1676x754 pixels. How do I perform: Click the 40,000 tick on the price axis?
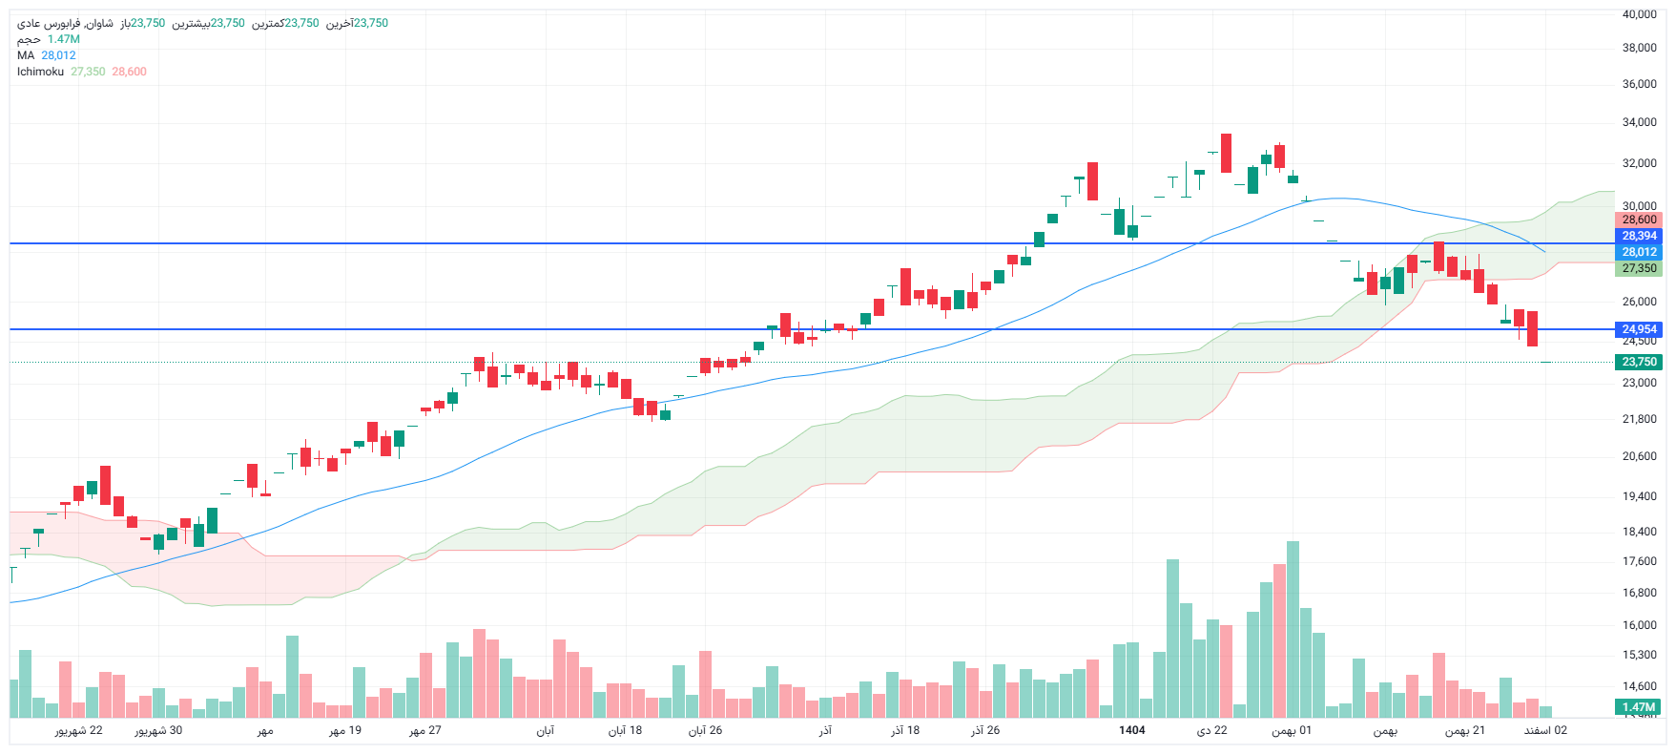(1639, 14)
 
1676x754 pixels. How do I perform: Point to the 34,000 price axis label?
(1639, 122)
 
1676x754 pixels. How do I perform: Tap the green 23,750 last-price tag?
(1639, 362)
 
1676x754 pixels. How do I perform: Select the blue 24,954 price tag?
(1639, 329)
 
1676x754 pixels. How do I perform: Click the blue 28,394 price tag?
(1639, 236)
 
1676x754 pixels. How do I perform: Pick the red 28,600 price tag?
(1639, 220)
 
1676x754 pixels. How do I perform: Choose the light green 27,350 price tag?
(1639, 268)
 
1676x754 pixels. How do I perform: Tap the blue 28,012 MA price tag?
(1639, 252)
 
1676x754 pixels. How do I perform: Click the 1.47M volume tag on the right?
(1639, 707)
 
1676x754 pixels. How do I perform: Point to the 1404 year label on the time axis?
(1131, 730)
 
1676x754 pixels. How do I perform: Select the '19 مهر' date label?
(345, 730)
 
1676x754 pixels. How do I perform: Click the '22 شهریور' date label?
(78, 730)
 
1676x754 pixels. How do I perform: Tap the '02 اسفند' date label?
(1545, 730)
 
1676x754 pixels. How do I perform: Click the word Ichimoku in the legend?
(40, 72)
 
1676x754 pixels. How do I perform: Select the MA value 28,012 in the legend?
(58, 55)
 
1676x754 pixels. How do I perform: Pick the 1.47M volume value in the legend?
(64, 39)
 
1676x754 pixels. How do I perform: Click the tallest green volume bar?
(1293, 630)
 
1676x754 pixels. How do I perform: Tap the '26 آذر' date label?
(985, 730)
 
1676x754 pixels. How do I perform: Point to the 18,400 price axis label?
(1639, 532)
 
